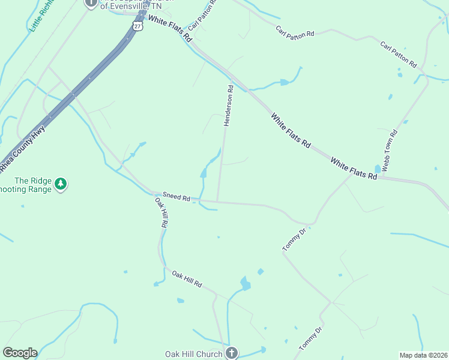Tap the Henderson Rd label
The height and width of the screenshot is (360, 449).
(x=228, y=106)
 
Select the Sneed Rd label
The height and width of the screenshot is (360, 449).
(x=176, y=197)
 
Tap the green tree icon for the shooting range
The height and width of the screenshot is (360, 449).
(x=60, y=183)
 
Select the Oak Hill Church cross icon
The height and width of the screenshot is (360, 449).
(x=232, y=353)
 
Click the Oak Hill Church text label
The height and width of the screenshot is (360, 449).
(x=194, y=354)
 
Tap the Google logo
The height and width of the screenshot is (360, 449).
(x=20, y=353)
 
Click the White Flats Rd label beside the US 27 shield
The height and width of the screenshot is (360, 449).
(x=170, y=29)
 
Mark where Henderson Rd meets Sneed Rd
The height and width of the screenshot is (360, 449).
(x=217, y=201)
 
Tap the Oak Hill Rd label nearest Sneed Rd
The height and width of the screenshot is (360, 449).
(x=161, y=212)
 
